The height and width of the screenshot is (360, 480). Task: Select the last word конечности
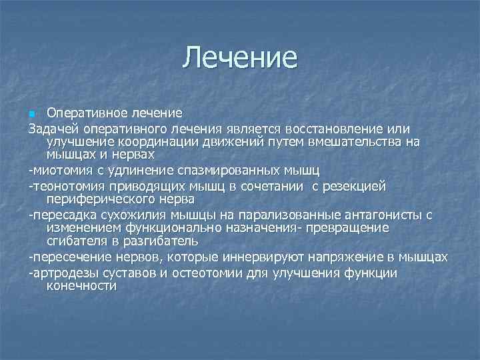[81, 286]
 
